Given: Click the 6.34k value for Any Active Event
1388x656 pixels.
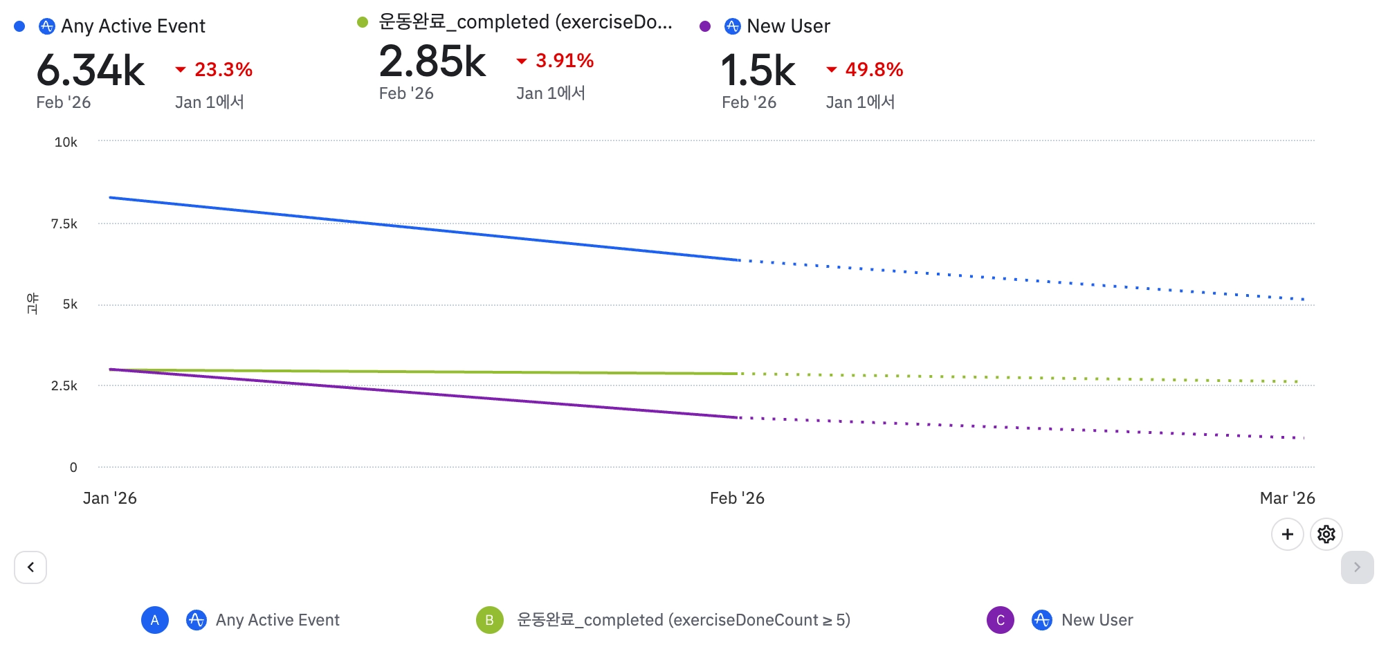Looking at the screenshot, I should pyautogui.click(x=91, y=71).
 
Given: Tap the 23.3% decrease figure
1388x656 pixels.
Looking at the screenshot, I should pyautogui.click(x=223, y=69).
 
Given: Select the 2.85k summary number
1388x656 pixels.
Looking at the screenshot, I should pyautogui.click(x=432, y=62).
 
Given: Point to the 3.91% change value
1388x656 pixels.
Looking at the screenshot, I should pyautogui.click(x=564, y=61).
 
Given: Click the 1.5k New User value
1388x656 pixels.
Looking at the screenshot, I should pyautogui.click(x=758, y=71).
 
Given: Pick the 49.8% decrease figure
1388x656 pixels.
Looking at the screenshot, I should pyautogui.click(x=874, y=69).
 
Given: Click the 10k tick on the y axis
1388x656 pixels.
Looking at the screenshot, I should pyautogui.click(x=66, y=143).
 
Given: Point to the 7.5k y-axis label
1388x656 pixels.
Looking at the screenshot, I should pyautogui.click(x=64, y=224).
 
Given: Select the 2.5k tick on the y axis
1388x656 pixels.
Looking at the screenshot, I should pyautogui.click(x=64, y=385).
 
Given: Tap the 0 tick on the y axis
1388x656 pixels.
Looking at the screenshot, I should pyautogui.click(x=73, y=467).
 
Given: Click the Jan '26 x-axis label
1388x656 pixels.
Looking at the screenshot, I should pyautogui.click(x=109, y=498).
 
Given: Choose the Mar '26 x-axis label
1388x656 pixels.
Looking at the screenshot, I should pyautogui.click(x=1287, y=498).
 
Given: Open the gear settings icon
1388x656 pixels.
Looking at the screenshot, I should pyautogui.click(x=1326, y=534).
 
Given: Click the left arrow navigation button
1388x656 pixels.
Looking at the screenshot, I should pyautogui.click(x=30, y=567).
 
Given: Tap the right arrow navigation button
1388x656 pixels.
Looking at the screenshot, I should pyautogui.click(x=1357, y=567).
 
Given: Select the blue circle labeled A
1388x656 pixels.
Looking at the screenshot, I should pyautogui.click(x=155, y=620).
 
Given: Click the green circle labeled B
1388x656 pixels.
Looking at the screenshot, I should pyautogui.click(x=489, y=620).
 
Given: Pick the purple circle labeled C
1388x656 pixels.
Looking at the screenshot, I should pyautogui.click(x=1000, y=620).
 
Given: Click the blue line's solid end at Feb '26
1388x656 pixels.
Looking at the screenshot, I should pyautogui.click(x=739, y=260).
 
